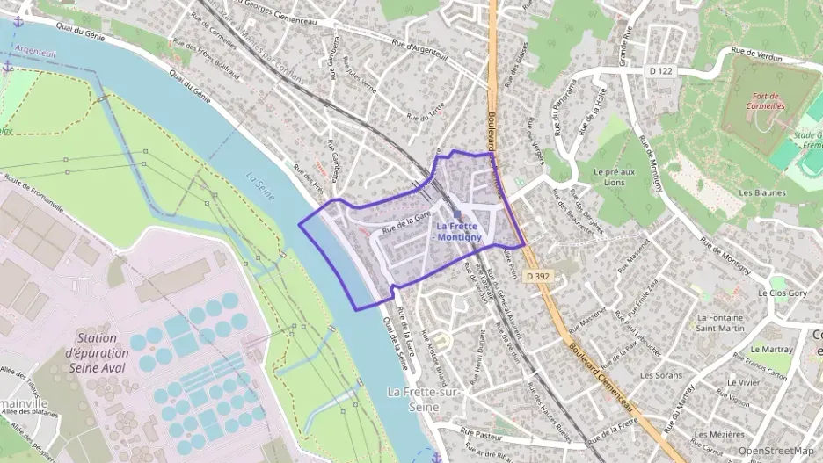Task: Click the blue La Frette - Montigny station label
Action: coord(457,230)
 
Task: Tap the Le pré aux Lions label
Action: coord(615,177)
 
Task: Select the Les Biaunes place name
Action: coord(761,192)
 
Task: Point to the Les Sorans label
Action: coord(661,375)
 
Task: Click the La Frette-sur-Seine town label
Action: coord(425,396)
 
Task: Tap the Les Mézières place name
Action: coord(718,434)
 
